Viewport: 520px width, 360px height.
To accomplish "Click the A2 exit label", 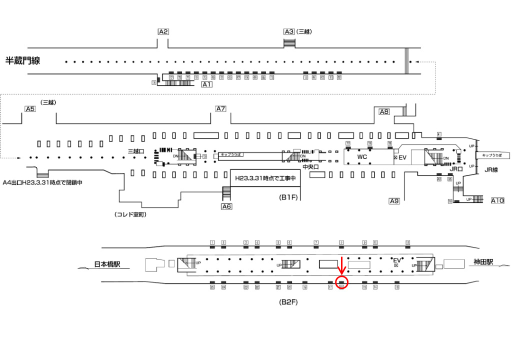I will click(x=163, y=31).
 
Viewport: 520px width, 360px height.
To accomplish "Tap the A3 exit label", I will click(x=289, y=31).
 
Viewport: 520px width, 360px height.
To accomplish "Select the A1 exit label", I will click(x=206, y=85).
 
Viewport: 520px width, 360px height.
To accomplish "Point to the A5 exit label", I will click(x=30, y=109).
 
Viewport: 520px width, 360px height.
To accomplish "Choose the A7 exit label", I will click(x=221, y=109).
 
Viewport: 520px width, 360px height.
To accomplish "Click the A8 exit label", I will click(x=384, y=112).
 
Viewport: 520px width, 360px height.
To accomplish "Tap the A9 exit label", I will click(x=394, y=201).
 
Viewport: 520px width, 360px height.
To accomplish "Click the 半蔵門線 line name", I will click(x=22, y=61).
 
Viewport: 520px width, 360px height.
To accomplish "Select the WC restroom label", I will click(x=362, y=157).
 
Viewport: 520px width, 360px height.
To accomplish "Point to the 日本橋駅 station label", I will click(x=111, y=264).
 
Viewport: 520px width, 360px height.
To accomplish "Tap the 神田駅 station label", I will click(x=483, y=262).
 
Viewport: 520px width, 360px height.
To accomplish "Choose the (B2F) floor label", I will click(x=288, y=302).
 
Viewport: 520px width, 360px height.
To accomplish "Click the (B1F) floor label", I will click(x=288, y=197).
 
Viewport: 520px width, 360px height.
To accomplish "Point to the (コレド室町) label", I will click(x=131, y=214).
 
